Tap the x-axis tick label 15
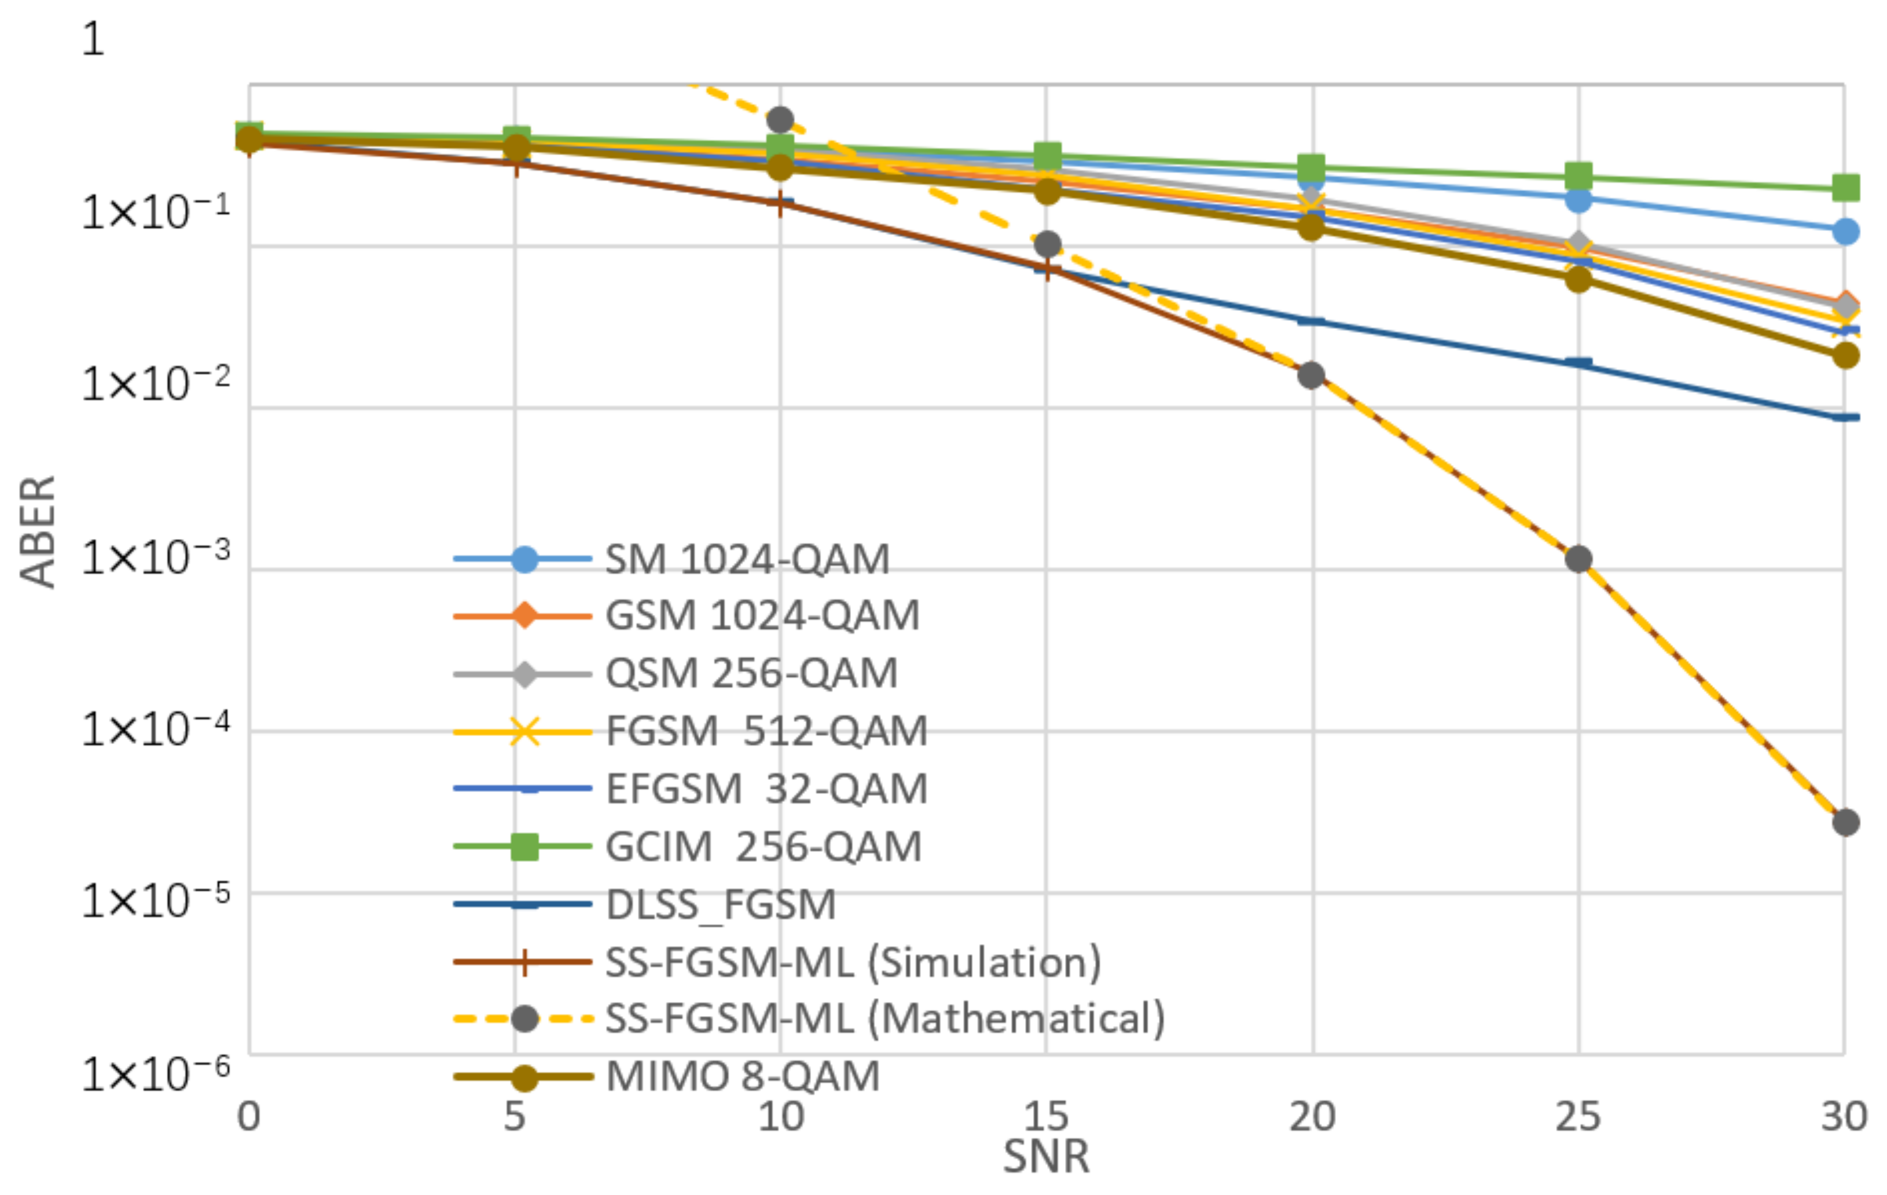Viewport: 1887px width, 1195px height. tap(1045, 1116)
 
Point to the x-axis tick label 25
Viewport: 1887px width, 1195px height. tap(1577, 1116)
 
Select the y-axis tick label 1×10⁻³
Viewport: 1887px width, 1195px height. tap(155, 558)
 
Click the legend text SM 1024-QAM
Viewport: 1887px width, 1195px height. tap(747, 559)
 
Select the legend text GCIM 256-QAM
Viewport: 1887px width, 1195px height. tap(763, 846)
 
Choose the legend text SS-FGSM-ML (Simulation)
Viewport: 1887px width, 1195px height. tap(853, 962)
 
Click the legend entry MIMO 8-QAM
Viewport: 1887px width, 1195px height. tap(743, 1076)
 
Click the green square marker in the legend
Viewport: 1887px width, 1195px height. tap(524, 846)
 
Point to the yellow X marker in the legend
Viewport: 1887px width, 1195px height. tap(524, 732)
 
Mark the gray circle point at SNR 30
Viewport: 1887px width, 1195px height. tap(1845, 822)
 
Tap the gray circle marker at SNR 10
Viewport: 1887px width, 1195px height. tap(780, 120)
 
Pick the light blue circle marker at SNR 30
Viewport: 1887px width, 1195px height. tap(1845, 231)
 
